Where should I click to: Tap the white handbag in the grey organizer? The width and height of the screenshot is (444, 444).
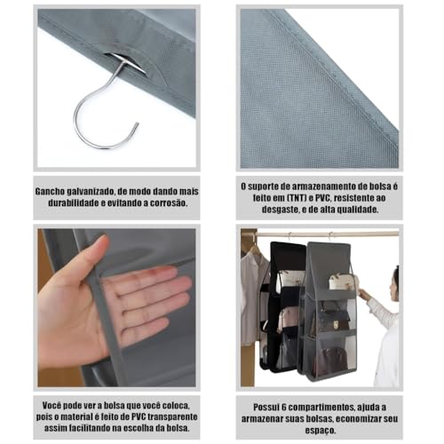(340, 282)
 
